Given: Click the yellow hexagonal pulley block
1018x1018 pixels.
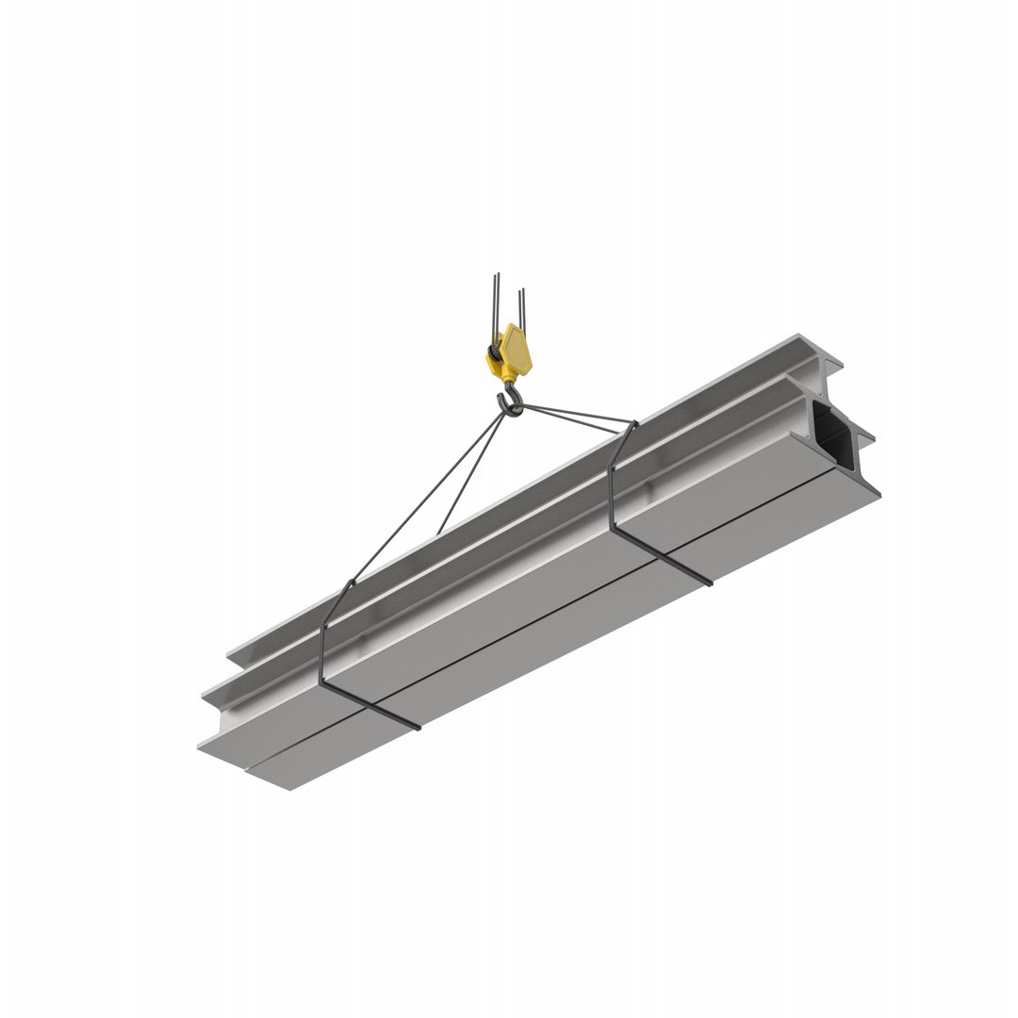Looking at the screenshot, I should (517, 349).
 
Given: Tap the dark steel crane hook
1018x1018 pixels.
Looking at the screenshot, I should (512, 404).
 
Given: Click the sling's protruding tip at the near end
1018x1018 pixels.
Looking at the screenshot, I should (416, 727).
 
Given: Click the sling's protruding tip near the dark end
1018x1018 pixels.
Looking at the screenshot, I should (709, 583).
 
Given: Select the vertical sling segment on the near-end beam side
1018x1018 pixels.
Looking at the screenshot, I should (322, 650).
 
